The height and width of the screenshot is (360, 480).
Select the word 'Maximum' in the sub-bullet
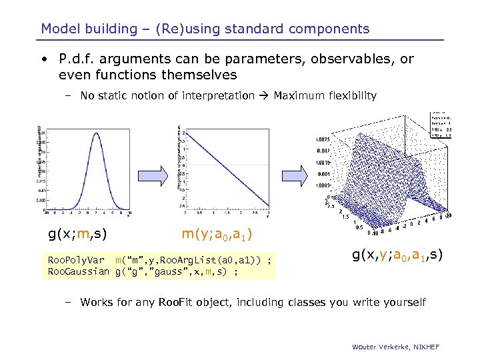click(298, 96)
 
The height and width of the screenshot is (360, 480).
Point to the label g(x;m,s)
click(78, 233)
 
